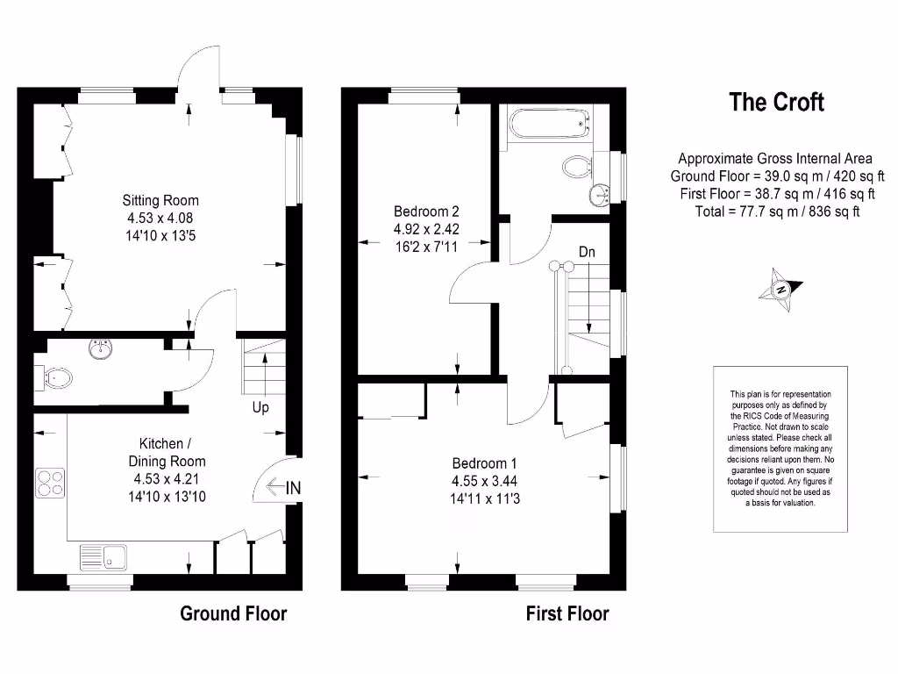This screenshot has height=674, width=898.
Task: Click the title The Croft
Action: coord(776,103)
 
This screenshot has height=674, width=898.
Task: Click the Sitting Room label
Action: coord(160,201)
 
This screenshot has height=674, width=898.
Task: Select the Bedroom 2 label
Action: coord(426,212)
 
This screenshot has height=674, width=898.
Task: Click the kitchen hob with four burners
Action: coord(50,484)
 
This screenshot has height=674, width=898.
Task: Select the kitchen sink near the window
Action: coord(103,556)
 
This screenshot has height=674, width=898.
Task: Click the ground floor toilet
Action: coord(54,378)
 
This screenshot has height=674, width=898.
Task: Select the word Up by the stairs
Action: coord(260,408)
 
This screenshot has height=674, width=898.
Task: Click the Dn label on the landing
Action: coord(588,252)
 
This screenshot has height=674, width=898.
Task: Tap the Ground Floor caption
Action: coord(233,613)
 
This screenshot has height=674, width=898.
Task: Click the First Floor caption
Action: coord(567,613)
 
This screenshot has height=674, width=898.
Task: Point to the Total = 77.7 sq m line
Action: coord(775,212)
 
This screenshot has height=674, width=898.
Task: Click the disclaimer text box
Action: coord(780,448)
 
